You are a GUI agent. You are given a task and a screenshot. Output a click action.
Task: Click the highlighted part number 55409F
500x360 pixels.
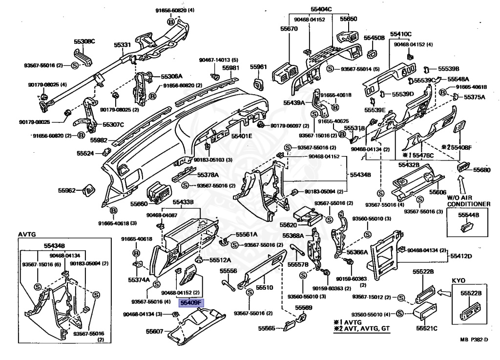coord(190,303)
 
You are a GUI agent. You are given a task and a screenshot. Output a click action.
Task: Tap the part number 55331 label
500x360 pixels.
coord(123,45)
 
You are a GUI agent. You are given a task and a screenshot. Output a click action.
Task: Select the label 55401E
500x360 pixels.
coord(242,136)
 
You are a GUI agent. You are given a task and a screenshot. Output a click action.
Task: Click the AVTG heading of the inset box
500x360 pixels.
coord(27,234)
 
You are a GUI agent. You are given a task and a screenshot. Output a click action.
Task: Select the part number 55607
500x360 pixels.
coord(155,331)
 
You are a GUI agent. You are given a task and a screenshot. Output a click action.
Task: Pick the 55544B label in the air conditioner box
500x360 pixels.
coord(468,214)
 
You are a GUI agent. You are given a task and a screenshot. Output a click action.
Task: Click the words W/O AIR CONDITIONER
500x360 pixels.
coord(468,200)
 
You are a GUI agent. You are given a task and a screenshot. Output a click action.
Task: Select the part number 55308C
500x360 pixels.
coord(84,41)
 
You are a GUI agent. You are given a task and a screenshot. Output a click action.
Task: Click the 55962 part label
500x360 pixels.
coord(67,190)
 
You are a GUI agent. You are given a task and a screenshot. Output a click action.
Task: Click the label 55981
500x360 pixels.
coord(231,68)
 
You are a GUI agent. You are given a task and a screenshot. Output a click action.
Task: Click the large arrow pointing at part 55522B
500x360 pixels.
coord(443,293)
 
